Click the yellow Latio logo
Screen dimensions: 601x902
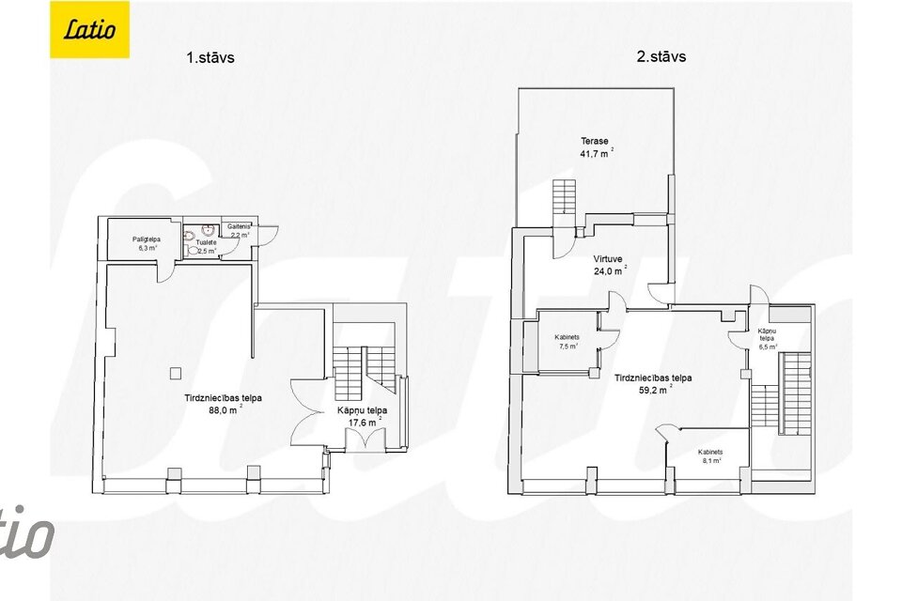point(89,29)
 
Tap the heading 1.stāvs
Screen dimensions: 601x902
point(210,57)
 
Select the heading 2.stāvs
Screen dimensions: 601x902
point(661,56)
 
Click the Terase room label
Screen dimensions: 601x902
point(594,142)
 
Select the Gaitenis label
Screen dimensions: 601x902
point(237,227)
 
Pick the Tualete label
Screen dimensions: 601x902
point(206,243)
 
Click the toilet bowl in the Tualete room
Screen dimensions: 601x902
point(193,251)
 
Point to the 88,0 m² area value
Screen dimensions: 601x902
point(223,408)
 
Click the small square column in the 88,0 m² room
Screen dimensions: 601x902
point(175,372)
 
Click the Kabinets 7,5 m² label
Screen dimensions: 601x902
point(568,341)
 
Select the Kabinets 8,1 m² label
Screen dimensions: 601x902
point(709,455)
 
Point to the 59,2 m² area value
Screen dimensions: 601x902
point(652,389)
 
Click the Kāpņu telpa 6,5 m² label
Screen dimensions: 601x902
point(766,338)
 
